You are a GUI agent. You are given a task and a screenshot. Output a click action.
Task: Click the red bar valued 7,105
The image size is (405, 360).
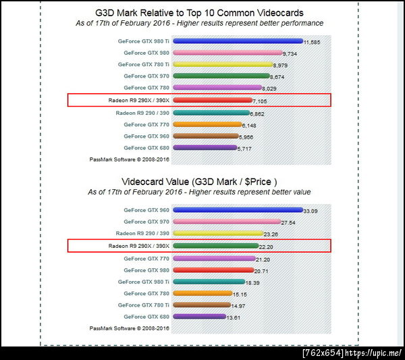point(212,100)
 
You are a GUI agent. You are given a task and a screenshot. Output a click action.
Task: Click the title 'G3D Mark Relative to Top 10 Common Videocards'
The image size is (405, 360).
point(209,13)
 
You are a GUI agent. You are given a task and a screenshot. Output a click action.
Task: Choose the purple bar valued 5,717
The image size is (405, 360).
point(205,147)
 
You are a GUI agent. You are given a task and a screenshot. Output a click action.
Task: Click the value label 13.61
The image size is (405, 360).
point(235,317)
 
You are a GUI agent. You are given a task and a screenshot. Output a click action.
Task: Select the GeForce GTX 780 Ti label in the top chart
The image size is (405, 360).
point(144,65)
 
